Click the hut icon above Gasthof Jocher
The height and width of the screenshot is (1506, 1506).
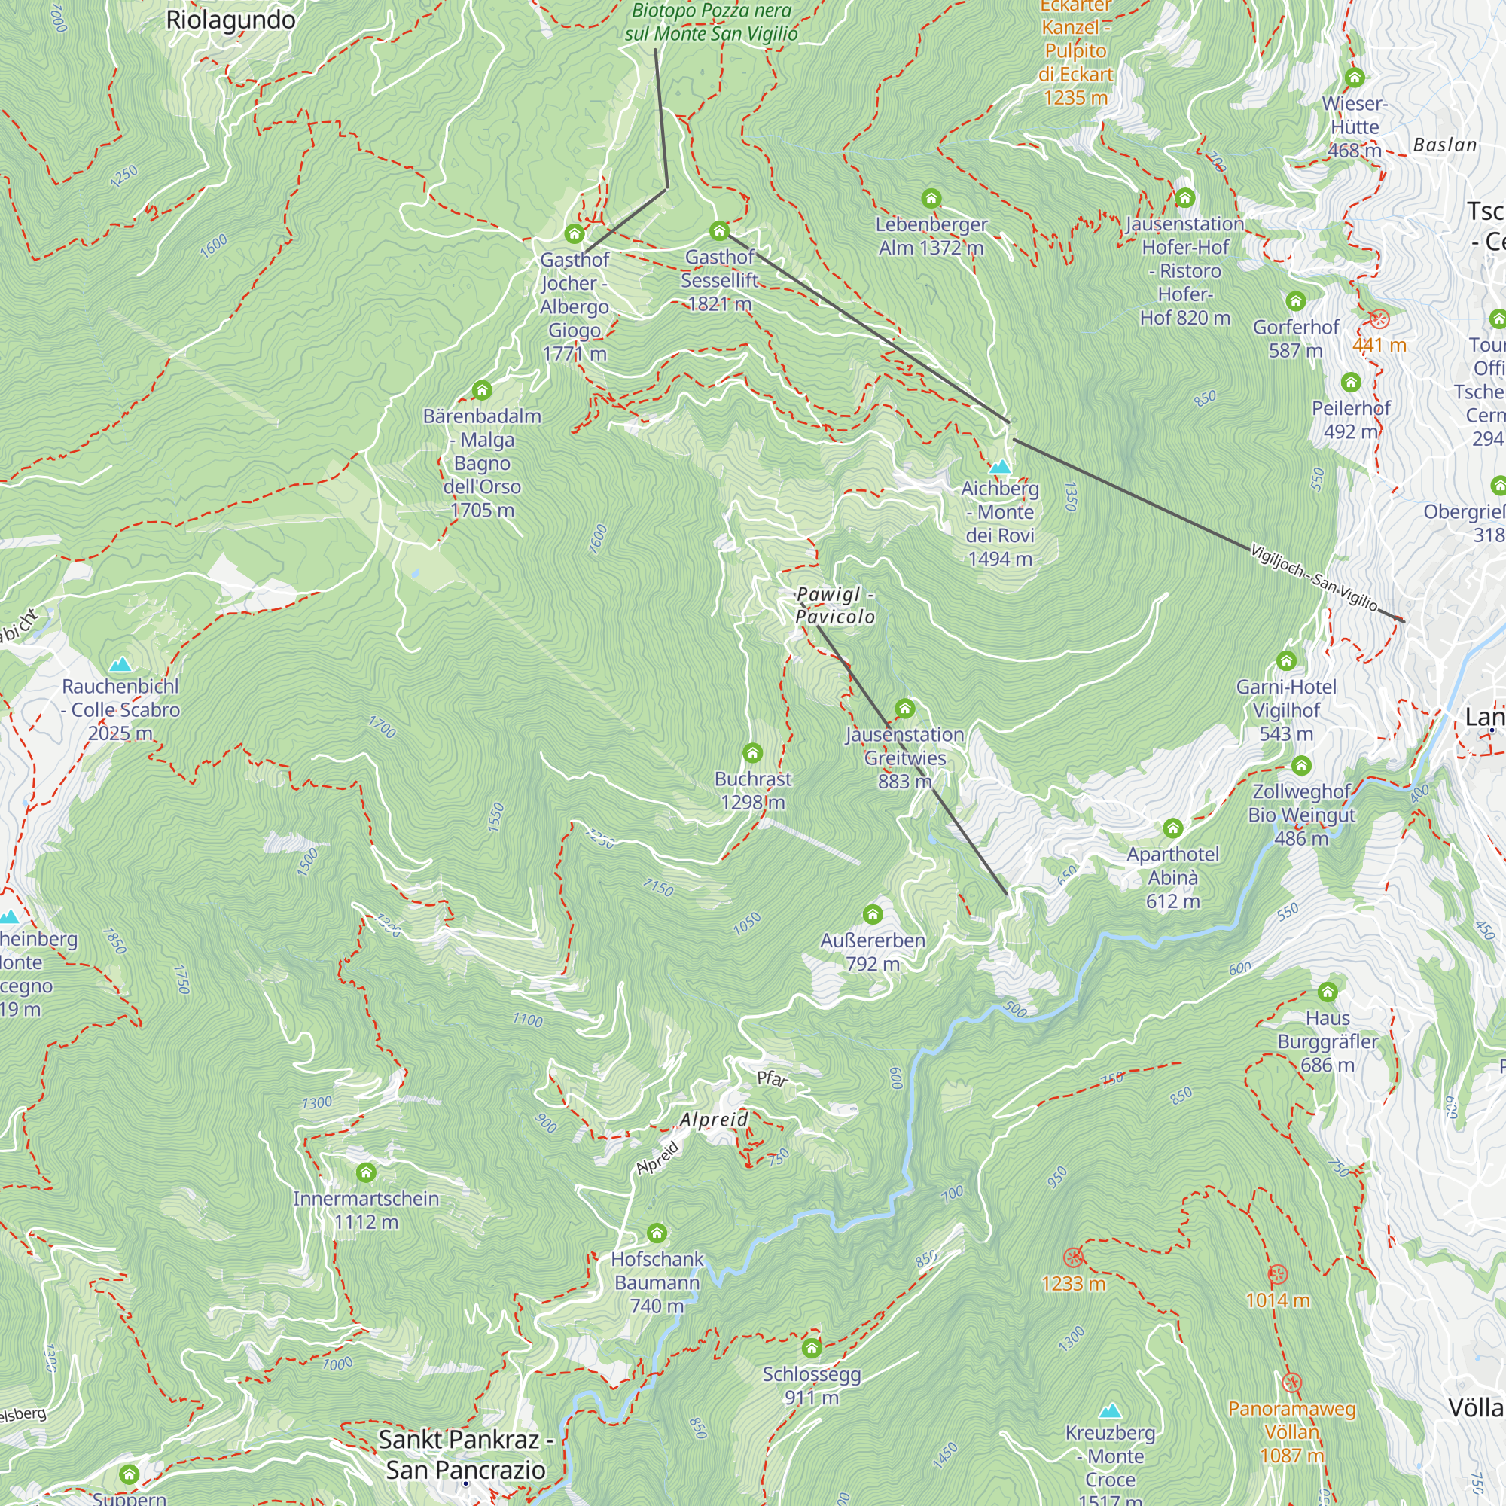pyautogui.click(x=575, y=234)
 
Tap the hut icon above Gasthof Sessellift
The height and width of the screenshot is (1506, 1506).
pyautogui.click(x=718, y=230)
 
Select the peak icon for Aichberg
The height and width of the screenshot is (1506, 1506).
pyautogui.click(x=999, y=467)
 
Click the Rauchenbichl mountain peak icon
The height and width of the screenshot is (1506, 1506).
pyautogui.click(x=120, y=664)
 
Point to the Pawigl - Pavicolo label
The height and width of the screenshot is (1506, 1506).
pyautogui.click(x=835, y=605)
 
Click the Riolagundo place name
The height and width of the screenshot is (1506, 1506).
pyautogui.click(x=230, y=20)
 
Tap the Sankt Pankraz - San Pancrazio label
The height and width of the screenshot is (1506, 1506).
pyautogui.click(x=466, y=1455)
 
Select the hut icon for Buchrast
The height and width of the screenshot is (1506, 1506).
pyautogui.click(x=752, y=753)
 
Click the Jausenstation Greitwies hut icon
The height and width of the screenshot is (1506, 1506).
pyautogui.click(x=904, y=709)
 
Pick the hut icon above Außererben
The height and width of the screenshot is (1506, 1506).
pyautogui.click(x=872, y=914)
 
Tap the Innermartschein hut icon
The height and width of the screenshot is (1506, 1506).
pyautogui.click(x=366, y=1172)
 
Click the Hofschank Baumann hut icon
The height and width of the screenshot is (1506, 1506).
pyautogui.click(x=657, y=1233)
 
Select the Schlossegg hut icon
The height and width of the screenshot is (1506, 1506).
pyautogui.click(x=812, y=1348)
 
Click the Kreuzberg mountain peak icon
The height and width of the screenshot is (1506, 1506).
pyautogui.click(x=1109, y=1411)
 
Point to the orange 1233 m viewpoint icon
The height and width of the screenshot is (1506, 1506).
pyautogui.click(x=1073, y=1257)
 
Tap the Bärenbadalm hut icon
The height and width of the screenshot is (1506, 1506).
pyautogui.click(x=482, y=390)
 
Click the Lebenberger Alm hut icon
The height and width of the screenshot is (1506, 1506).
pyautogui.click(x=931, y=198)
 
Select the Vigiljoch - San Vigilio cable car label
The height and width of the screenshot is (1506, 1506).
pyautogui.click(x=1314, y=578)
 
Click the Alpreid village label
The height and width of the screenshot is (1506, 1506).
pyautogui.click(x=713, y=1120)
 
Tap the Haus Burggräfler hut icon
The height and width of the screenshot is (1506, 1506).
pyautogui.click(x=1328, y=992)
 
